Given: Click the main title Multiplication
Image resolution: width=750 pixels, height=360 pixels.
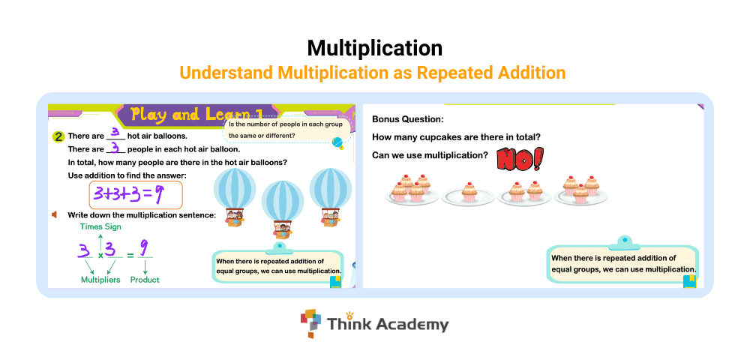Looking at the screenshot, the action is (374, 48).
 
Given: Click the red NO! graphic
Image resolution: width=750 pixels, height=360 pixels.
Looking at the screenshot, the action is (520, 159).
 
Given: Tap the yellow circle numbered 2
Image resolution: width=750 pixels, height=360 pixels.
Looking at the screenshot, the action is (58, 137).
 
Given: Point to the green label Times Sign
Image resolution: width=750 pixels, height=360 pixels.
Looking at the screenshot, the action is (100, 226).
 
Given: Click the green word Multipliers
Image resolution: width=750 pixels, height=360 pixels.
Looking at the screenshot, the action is (100, 280).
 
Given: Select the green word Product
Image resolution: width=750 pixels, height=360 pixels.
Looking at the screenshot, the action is (145, 280).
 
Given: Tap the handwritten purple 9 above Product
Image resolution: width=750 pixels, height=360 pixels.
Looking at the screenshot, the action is (144, 248).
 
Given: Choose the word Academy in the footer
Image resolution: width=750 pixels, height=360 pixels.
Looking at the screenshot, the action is (412, 325).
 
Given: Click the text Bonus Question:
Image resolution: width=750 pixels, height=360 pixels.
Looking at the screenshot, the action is (408, 119).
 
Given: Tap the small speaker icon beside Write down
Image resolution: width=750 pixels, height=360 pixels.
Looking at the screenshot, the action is (55, 214).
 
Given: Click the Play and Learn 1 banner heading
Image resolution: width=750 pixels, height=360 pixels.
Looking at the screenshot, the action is (197, 114).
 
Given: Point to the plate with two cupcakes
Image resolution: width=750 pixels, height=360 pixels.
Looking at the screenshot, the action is (524, 193).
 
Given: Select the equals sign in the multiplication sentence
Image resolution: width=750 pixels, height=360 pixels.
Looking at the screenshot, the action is (130, 255).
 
